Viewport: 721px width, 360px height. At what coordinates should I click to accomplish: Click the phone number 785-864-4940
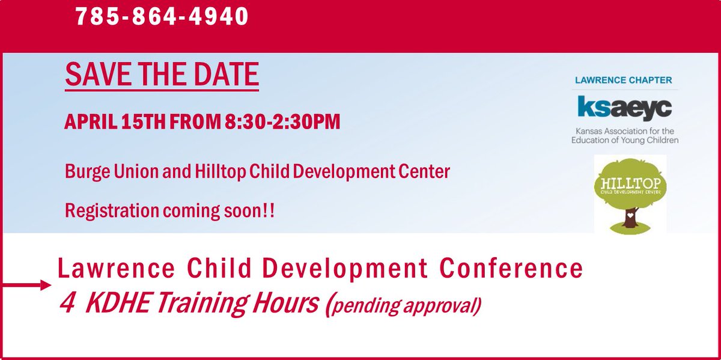(x=162, y=17)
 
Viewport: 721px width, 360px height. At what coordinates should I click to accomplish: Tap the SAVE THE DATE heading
(x=162, y=74)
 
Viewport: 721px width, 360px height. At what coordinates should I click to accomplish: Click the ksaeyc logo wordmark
(x=624, y=108)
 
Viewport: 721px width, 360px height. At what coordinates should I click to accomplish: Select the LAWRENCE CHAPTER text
(x=624, y=80)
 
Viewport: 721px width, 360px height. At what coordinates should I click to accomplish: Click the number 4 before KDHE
(x=67, y=304)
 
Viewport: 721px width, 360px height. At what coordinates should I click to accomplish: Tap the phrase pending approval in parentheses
(x=406, y=305)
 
